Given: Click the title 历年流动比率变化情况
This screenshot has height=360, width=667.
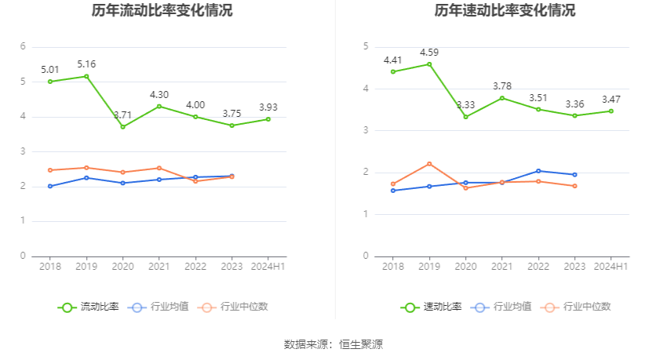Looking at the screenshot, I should coord(162,11).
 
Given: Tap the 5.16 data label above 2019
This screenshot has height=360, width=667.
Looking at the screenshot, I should coord(86,64).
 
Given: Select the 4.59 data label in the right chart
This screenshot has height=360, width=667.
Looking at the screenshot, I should coord(428,53).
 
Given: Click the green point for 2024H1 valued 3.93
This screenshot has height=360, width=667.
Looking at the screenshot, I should coord(268,119).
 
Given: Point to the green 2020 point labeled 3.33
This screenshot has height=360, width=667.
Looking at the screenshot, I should coord(465,117).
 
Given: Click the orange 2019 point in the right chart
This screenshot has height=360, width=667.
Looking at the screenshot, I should coord(429,163).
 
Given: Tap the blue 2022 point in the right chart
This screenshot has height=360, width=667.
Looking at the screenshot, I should coord(538,171).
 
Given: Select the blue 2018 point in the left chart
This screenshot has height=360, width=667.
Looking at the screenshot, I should coord(50,186).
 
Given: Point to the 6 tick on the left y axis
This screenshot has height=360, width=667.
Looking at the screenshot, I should coord(24,46).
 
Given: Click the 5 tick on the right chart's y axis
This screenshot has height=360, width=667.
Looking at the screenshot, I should coord(366,46).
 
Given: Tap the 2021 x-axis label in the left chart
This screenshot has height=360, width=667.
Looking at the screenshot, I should coord(159,267).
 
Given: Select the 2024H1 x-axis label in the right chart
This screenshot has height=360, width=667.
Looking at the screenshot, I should coord(611,267).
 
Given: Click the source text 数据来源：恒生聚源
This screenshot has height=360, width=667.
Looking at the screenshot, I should coord(333,344).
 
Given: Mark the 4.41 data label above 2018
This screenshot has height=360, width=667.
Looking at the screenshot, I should coord(392,60).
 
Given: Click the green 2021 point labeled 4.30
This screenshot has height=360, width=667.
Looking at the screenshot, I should coord(159,106).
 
